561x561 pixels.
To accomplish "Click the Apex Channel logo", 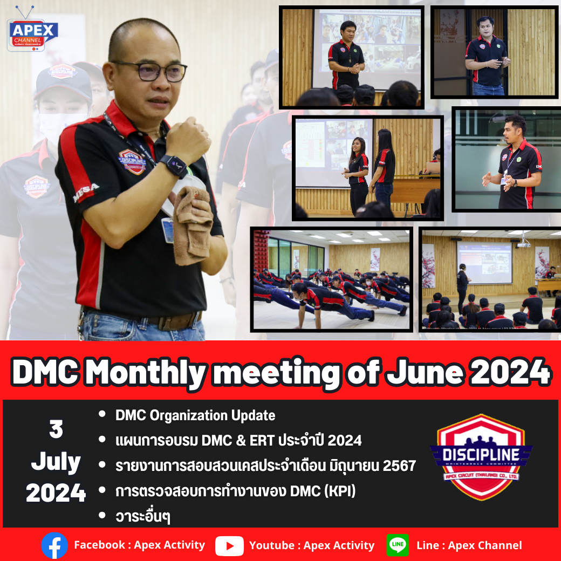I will [33, 33].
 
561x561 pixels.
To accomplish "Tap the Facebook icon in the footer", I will [54, 545].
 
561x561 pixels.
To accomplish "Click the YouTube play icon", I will [229, 546].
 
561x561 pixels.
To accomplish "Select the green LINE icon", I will [398, 545].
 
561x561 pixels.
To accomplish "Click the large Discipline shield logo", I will [481, 456].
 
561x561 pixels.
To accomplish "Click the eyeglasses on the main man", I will [150, 70].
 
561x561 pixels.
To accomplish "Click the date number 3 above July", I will [56, 429].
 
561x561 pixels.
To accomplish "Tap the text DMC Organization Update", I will [195, 415].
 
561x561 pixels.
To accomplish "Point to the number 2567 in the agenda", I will [399, 466].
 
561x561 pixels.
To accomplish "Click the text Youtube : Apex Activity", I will [312, 545].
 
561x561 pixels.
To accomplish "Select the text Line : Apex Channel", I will [469, 545].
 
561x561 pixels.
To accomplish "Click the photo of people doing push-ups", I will [331, 279].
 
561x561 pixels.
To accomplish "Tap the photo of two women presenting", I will [367, 168].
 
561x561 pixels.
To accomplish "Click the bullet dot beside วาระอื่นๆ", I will [102, 516].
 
